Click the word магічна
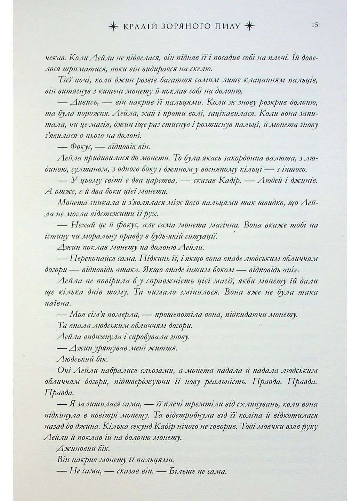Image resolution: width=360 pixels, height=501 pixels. pyautogui.click(x=220, y=225)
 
